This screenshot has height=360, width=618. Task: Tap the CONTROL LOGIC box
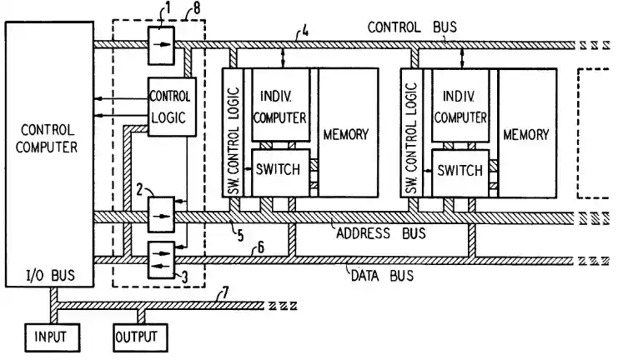(x=173, y=106)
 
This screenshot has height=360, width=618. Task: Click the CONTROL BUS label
(x=412, y=26)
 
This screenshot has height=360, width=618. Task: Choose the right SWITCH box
(x=459, y=170)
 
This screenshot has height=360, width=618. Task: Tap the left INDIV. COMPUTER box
(x=280, y=104)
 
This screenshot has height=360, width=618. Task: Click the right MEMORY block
(x=525, y=133)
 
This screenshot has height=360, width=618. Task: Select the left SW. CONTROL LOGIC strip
(x=234, y=133)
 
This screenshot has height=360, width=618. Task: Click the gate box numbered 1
(x=161, y=45)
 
